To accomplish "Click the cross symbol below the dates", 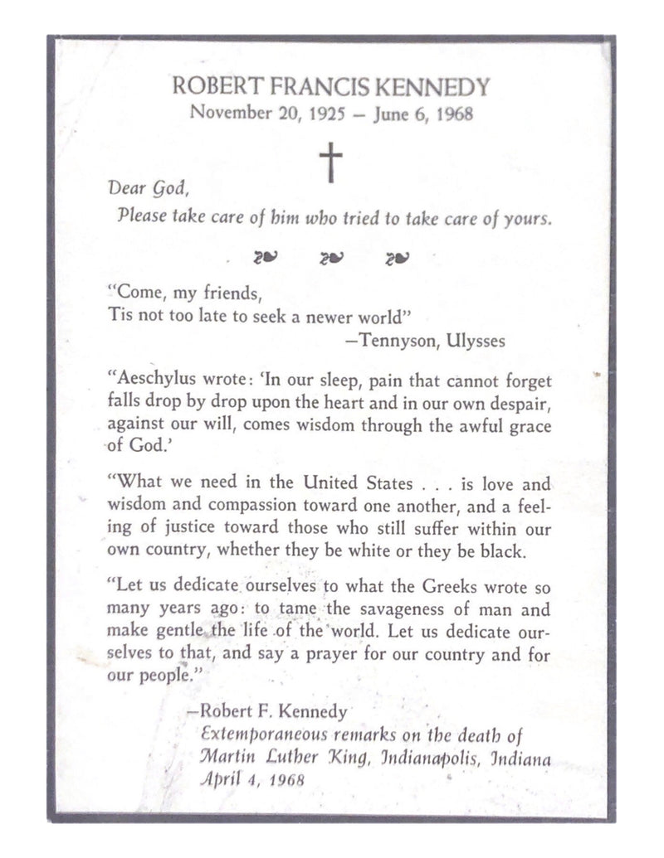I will (x=330, y=162).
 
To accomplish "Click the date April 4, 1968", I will (x=253, y=779).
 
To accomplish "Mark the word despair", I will (x=516, y=402).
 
